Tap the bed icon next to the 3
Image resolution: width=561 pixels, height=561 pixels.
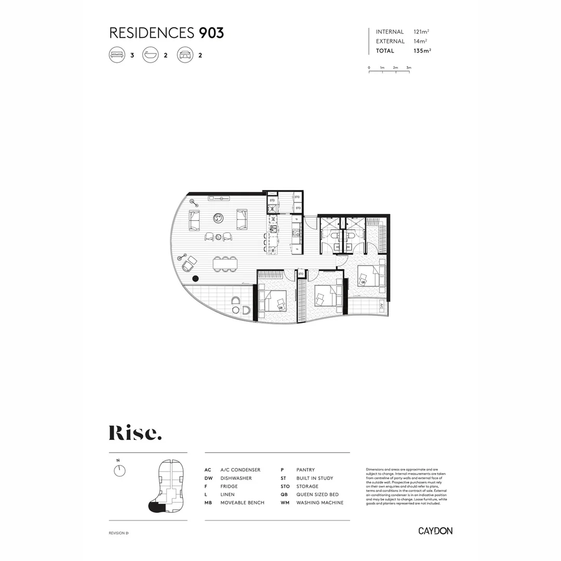pos(117,55)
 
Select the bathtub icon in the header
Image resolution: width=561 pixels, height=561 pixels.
pos(151,55)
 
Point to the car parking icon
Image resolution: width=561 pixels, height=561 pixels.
pos(185,55)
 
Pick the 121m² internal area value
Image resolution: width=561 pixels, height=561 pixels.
pos(421,32)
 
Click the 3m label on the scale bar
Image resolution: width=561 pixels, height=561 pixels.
pos(409,68)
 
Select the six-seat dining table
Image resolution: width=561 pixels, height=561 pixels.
pos(225,264)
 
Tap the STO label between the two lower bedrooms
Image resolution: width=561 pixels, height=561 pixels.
pos(301,274)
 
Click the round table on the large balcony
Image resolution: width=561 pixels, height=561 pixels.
pos(236,310)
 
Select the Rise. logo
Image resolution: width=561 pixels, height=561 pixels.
pos(135,433)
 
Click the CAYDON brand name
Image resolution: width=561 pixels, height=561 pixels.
pos(435,531)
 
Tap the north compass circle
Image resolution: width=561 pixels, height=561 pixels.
pos(119,471)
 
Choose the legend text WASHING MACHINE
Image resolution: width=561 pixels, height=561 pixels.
pos(319,503)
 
